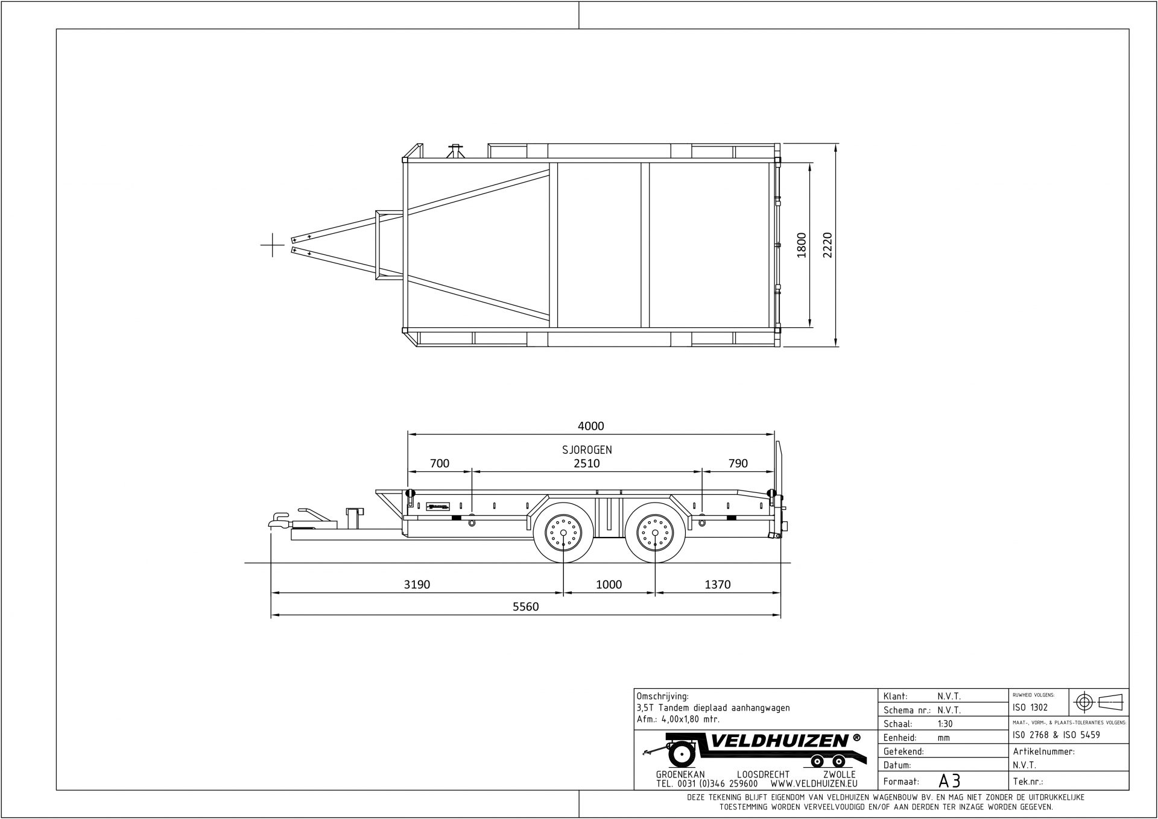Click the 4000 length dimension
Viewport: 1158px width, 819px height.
590,426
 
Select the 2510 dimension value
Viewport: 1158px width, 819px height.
586,463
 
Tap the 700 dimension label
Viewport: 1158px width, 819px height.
439,463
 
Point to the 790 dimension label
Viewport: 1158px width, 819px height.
738,463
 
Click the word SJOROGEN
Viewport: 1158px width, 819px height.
587,450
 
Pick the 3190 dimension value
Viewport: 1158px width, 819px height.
417,585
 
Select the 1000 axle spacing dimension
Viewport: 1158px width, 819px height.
609,585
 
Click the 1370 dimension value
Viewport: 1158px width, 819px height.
717,585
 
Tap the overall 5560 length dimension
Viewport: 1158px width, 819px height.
525,607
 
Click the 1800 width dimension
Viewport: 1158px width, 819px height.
802,245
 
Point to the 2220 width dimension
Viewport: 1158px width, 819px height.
827,245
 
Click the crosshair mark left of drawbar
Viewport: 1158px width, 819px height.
273,245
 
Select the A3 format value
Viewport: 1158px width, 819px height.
949,781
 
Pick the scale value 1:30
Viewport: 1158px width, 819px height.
946,724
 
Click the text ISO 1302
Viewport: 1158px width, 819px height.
1030,708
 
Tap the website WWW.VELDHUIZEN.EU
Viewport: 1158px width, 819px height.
814,784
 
